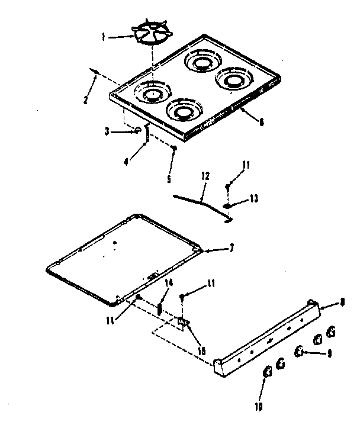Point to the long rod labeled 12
click(x=195, y=201)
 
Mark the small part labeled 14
click(x=160, y=308)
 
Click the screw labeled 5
click(x=173, y=149)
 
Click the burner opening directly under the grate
click(x=152, y=93)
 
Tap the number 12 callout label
click(x=205, y=176)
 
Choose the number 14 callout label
click(x=169, y=284)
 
